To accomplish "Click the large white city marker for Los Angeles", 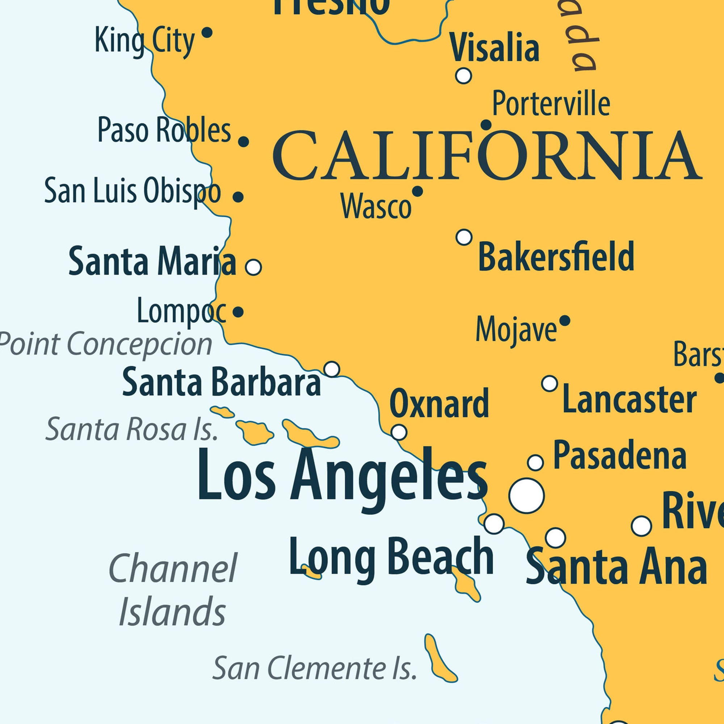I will coord(526,496).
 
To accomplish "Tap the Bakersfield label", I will coord(556,257).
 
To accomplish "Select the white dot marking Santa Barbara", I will coord(332,369).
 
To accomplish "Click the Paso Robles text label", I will coord(164,130).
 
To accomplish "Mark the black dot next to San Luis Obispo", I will coord(238,197).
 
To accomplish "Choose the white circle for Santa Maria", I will coord(253,268).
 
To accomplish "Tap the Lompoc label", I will coord(181,311).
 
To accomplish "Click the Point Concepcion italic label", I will coord(106,344).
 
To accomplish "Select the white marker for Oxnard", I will coord(399,432).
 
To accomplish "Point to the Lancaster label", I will coord(629,400).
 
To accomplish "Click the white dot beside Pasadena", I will coord(535,462).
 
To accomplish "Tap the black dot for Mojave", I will coord(565,321).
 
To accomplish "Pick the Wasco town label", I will coord(376,207).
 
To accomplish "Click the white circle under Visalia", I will coord(463,76).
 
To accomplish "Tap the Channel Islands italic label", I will coord(172,589).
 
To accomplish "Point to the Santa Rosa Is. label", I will coord(132,429).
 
